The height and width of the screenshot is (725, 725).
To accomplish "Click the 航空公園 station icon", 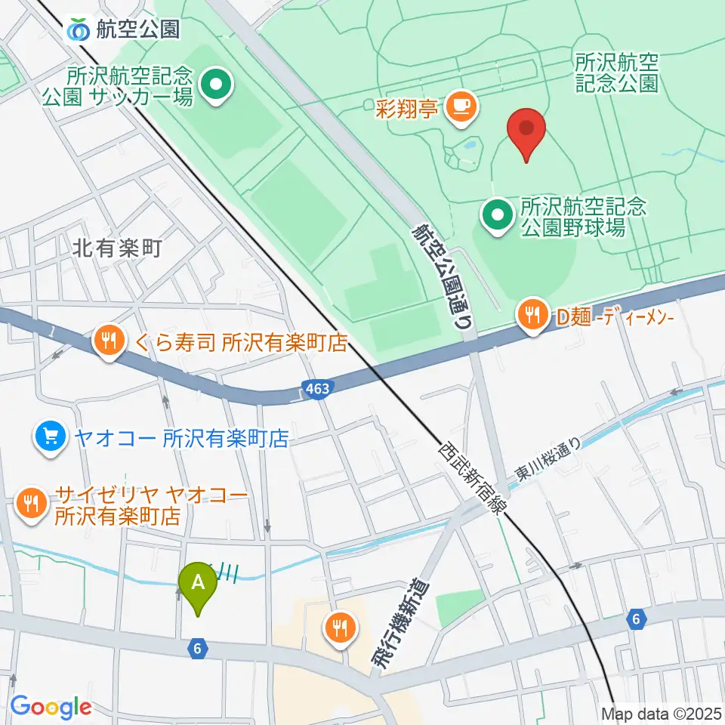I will [78, 29].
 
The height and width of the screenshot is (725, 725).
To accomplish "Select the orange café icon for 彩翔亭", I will [461, 106].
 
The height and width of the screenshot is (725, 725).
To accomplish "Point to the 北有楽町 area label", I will [119, 248].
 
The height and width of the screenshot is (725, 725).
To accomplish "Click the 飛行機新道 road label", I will [398, 623].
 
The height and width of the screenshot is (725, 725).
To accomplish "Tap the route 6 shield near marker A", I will [197, 647].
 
